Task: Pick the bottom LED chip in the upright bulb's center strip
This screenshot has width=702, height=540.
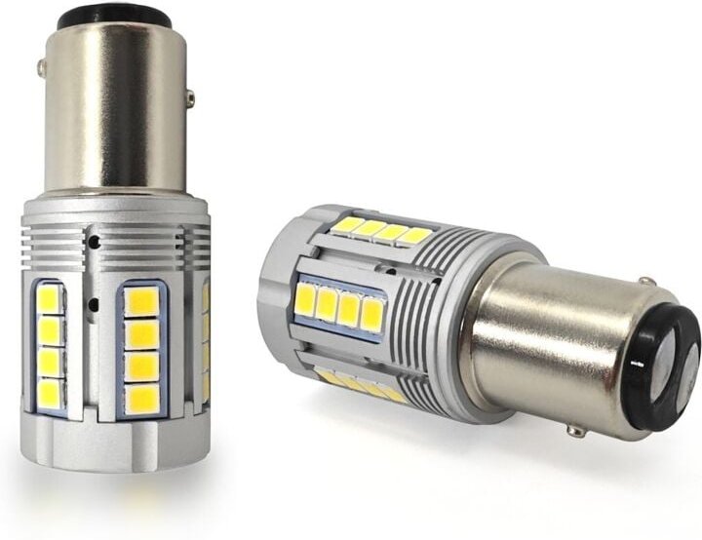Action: [x=142, y=398]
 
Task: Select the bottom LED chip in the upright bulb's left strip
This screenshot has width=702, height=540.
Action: [x=49, y=392]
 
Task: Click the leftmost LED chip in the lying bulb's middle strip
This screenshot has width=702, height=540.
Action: [x=305, y=299]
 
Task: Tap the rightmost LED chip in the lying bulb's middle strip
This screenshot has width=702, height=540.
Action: [x=371, y=313]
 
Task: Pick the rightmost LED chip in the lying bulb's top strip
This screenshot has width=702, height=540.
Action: [x=416, y=237]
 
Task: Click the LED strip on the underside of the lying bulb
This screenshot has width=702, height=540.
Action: [x=362, y=387]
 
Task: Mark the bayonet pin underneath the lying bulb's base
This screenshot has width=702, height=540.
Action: [x=576, y=430]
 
